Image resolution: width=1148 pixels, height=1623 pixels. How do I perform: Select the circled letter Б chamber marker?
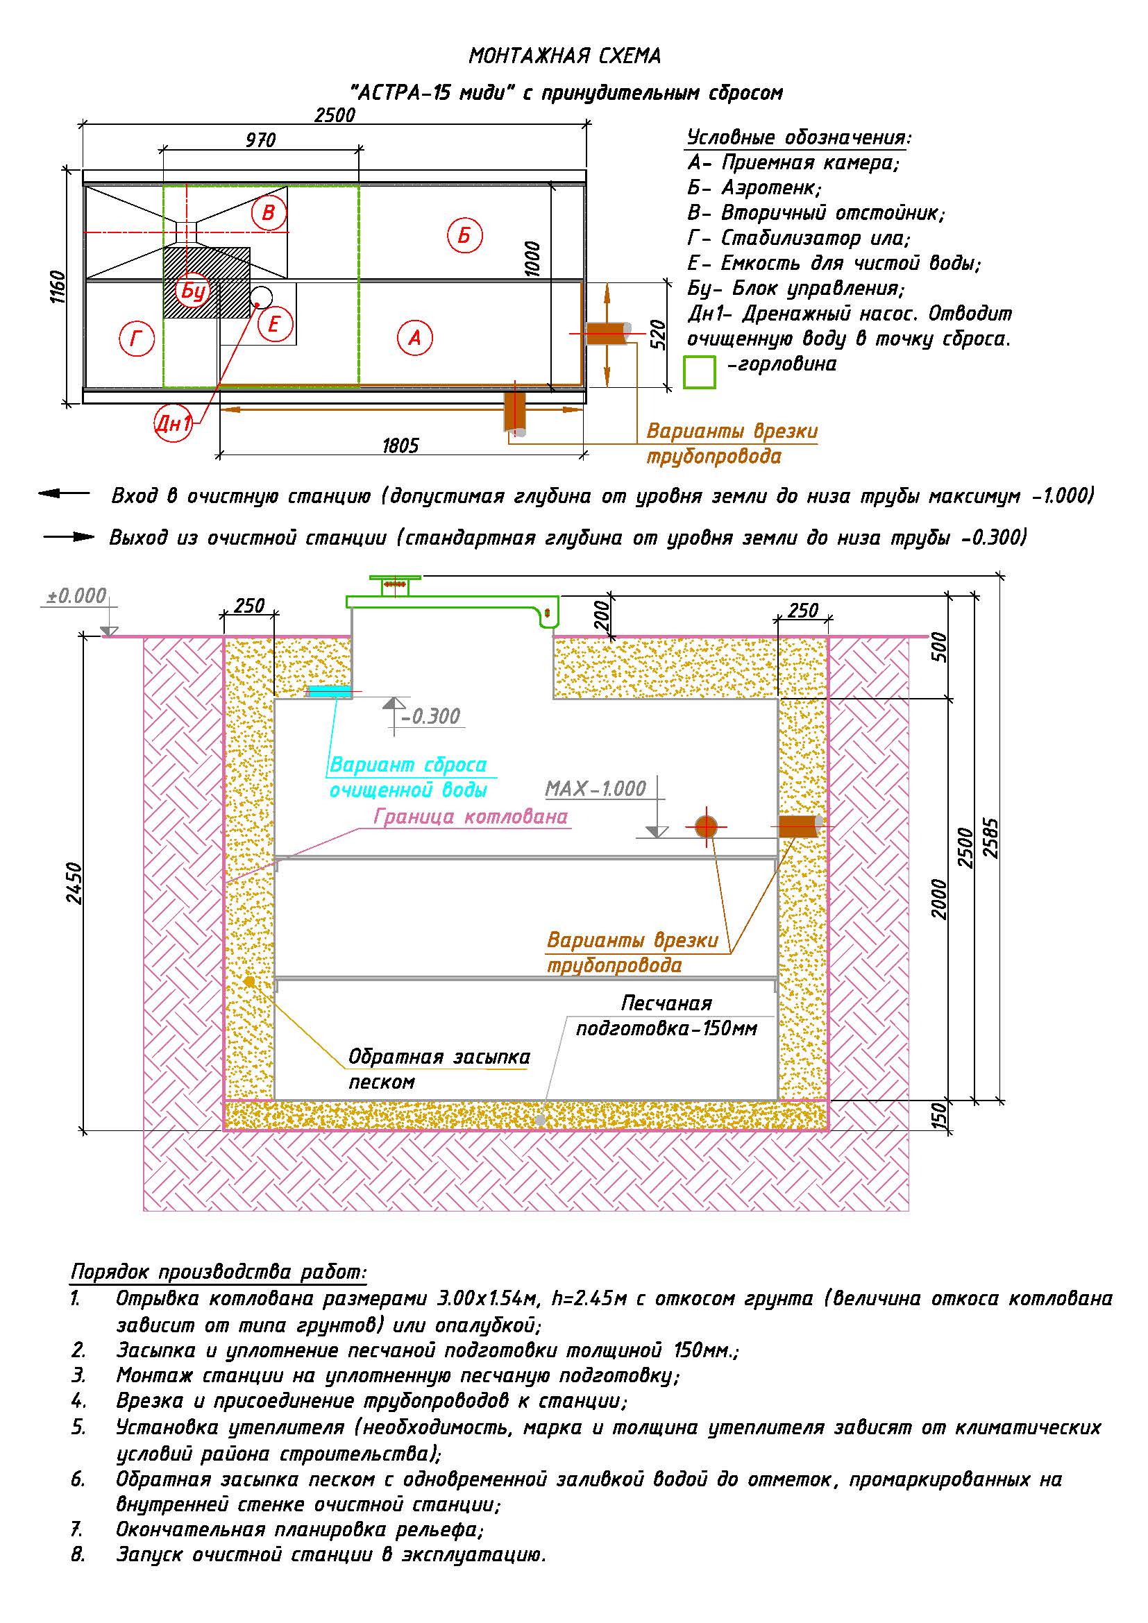(464, 235)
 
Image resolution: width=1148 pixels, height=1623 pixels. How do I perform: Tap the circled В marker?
(269, 212)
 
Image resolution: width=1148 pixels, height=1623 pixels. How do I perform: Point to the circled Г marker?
(137, 340)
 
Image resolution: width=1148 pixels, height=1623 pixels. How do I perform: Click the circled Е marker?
(275, 325)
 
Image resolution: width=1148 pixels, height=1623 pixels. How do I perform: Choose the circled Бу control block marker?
(193, 291)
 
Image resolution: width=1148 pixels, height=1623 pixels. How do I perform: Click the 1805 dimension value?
(400, 445)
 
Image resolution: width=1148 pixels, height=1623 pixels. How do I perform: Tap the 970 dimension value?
(261, 140)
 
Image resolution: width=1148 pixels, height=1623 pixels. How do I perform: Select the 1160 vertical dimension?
(58, 287)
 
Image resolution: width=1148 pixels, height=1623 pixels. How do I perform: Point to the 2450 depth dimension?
(74, 883)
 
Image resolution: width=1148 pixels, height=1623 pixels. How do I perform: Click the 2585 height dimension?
(992, 838)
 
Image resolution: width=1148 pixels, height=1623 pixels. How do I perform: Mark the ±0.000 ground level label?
(76, 596)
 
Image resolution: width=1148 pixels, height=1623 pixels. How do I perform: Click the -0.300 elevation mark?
(430, 717)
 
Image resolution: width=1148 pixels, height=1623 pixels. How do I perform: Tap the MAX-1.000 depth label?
(596, 788)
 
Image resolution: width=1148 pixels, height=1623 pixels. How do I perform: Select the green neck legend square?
(700, 373)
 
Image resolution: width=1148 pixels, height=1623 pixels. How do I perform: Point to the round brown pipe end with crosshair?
(706, 826)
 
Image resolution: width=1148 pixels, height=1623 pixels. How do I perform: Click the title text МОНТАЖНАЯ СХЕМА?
(565, 56)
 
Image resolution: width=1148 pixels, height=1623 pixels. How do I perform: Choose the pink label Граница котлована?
(471, 817)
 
